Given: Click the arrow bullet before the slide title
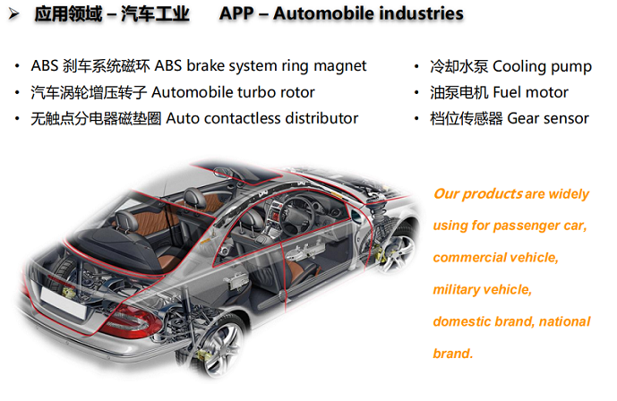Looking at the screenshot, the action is pyautogui.click(x=13, y=14).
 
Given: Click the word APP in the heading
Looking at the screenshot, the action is pyautogui.click(x=236, y=13).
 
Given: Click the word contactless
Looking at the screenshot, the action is pyautogui.click(x=243, y=118).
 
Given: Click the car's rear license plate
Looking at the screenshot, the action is pyautogui.click(x=64, y=303).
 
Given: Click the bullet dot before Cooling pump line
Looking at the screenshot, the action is pyautogui.click(x=416, y=66).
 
